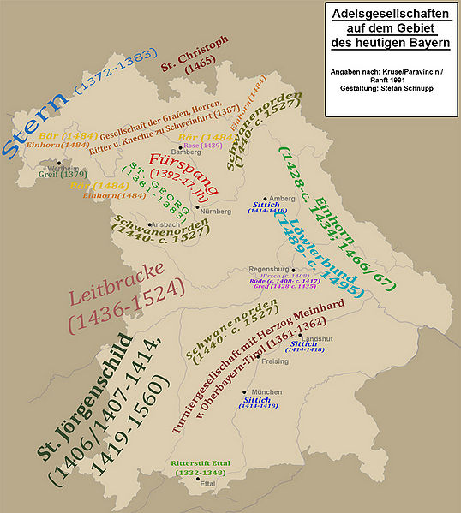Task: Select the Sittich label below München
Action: (x=257, y=399)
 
